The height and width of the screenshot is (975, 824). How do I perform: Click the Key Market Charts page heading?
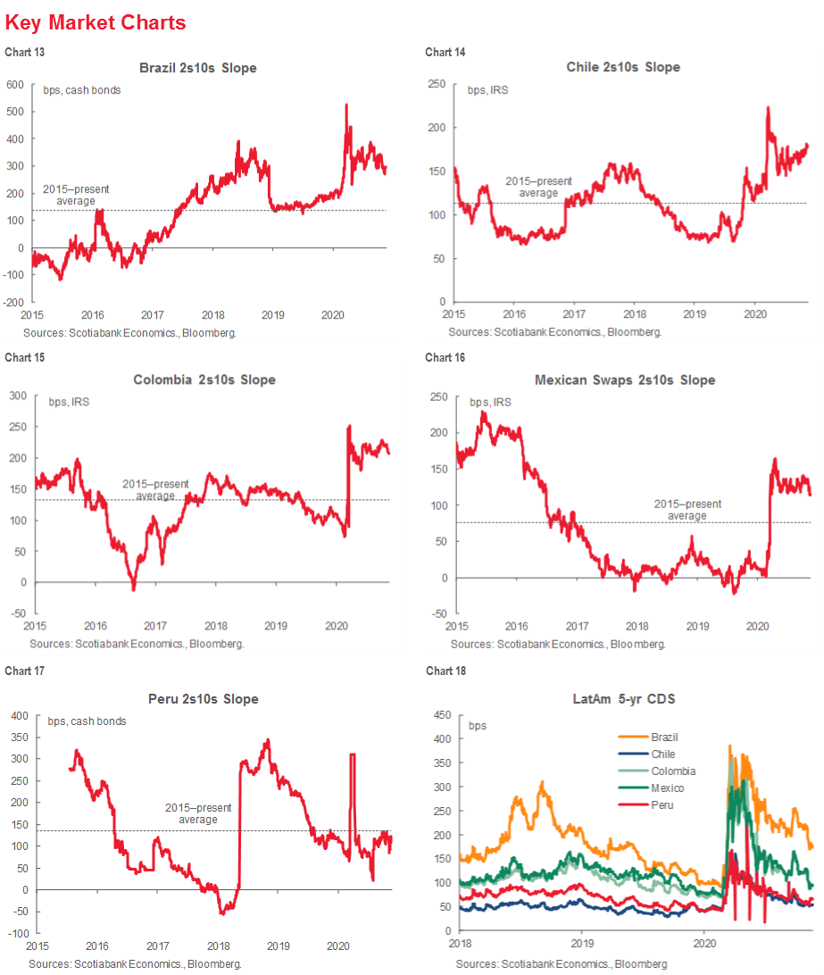(x=96, y=22)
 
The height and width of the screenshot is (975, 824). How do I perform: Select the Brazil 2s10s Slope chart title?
(x=197, y=68)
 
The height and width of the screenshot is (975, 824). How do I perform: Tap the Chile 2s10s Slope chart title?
(x=623, y=68)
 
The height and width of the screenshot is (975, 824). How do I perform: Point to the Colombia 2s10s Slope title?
(x=204, y=379)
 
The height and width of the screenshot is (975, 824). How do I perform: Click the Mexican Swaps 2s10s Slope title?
(x=625, y=379)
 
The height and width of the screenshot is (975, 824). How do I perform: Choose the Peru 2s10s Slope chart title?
(x=203, y=699)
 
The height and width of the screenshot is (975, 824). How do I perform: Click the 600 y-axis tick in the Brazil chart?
(x=15, y=85)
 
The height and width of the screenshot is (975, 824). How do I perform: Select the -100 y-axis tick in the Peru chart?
(x=15, y=933)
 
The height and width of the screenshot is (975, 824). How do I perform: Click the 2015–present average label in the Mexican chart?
(x=687, y=510)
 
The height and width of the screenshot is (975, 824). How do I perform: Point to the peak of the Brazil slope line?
(x=345, y=105)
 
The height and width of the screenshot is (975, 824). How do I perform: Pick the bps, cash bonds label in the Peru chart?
(x=87, y=721)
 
